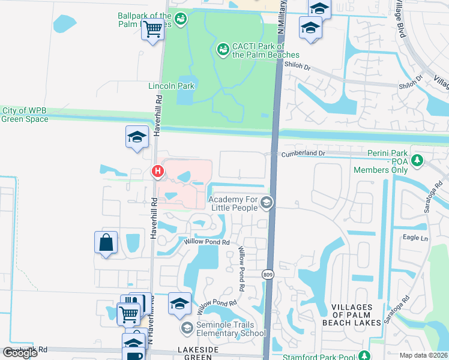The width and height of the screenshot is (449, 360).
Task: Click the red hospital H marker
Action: pos(158,172)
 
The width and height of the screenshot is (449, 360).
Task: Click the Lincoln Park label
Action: pos(172,86)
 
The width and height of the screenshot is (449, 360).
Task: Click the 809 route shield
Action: pos(268,274)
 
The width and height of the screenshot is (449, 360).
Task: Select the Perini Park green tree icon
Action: pos(418,161)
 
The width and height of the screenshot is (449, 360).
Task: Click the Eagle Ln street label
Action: pos(415,238)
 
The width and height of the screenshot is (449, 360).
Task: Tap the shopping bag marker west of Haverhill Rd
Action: pos(106,243)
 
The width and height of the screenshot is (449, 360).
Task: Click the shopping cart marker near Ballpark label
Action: pos(153,28)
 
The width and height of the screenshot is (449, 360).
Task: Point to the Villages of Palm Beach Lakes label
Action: pos(357,315)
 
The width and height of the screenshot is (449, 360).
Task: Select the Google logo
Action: pos(20,353)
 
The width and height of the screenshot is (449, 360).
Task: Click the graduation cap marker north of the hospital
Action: pos(137,137)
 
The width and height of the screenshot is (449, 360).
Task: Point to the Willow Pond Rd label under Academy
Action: pos(208,242)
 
